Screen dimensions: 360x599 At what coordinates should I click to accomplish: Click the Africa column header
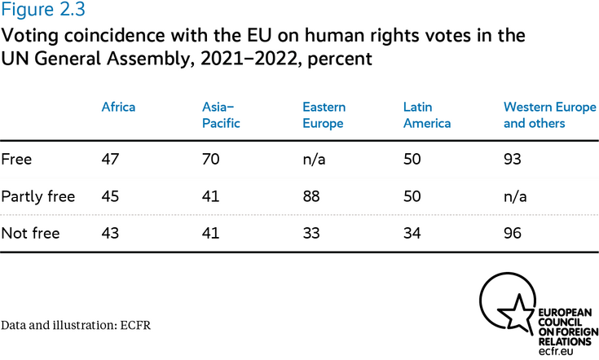pos(118,107)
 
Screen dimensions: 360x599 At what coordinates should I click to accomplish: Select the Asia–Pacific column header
pos(222,115)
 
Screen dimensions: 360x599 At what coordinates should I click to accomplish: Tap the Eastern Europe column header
pos(324,115)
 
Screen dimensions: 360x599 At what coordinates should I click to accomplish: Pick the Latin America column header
pos(427,115)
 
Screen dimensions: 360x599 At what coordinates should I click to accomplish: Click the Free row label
pos(16,159)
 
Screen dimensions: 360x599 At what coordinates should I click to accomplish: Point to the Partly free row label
pos(38,196)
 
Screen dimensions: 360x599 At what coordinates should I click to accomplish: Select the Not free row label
pos(31,234)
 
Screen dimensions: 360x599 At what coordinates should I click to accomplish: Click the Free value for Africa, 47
pos(110,159)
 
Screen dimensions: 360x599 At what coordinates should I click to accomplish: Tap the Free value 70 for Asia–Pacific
pos(211,159)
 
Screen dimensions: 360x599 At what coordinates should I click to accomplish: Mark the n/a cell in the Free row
pos(314,159)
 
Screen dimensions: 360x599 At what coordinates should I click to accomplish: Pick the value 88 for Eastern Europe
pos(312,196)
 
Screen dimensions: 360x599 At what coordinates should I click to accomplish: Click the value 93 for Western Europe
pos(514,159)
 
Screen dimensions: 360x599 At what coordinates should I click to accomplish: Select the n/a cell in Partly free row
pos(516,196)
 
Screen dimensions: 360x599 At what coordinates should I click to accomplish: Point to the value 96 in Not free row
pos(514,234)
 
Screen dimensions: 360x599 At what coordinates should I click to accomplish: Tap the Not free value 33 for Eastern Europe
pos(312,234)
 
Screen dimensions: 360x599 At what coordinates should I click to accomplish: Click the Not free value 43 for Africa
pos(110,234)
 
